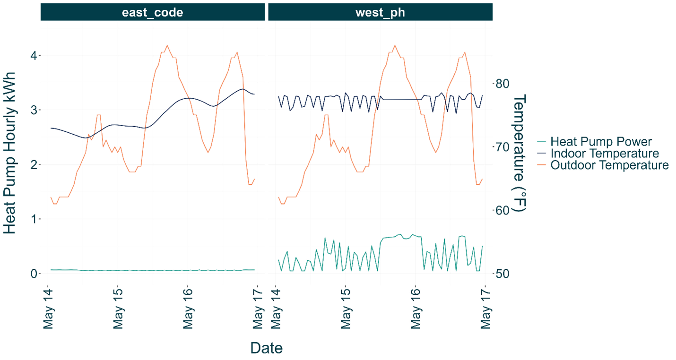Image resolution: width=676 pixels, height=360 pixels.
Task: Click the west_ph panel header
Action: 380,12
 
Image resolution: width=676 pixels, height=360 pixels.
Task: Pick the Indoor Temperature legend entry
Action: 605,154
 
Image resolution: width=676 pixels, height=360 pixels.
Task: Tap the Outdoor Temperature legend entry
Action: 609,165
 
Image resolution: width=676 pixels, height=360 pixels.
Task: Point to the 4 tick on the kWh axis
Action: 35,55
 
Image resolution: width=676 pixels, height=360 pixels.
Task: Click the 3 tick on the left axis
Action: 35,110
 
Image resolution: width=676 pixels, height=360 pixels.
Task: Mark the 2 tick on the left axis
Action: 35,164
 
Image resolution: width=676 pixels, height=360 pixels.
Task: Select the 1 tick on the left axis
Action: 35,219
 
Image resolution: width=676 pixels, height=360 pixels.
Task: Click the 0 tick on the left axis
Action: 35,274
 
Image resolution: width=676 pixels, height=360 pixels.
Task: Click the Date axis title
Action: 266,348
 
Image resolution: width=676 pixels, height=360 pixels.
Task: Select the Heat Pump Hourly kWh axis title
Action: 10,153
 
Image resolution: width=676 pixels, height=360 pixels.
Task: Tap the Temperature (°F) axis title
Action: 520,153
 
